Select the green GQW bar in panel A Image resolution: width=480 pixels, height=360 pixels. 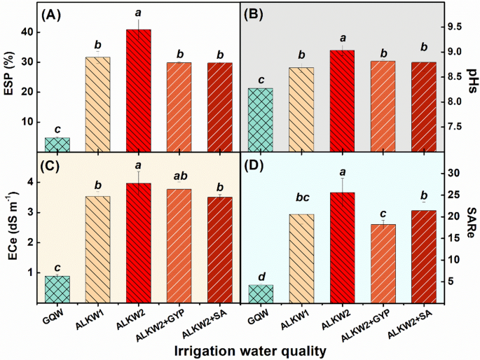click(x=57, y=144)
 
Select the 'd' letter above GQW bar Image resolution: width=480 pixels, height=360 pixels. click(x=260, y=275)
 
